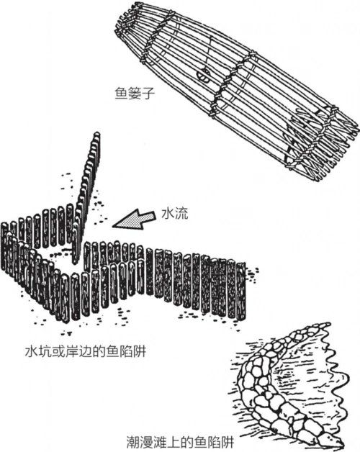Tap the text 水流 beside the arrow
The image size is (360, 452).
coord(174,214)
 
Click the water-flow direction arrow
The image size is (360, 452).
coord(137,220)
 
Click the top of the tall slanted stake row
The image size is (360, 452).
coord(95,138)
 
